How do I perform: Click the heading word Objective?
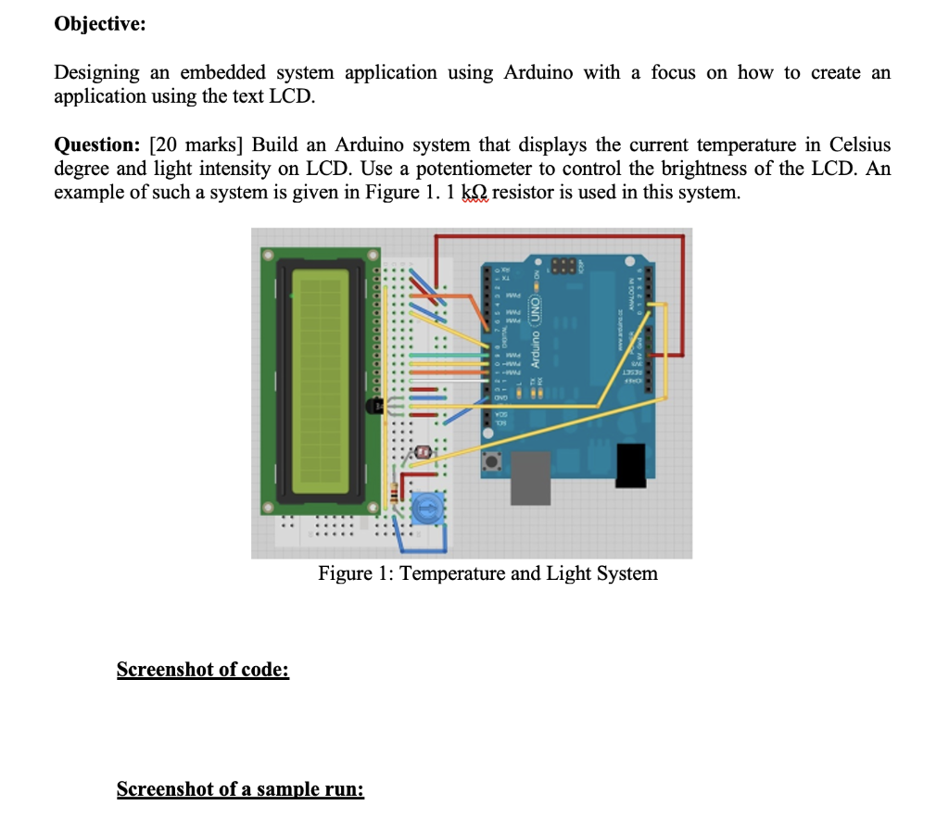99,25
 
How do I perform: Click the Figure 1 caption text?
487,573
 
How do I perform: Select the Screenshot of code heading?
203,669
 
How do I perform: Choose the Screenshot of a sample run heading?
240,789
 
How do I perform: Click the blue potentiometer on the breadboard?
425,507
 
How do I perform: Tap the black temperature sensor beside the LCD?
375,406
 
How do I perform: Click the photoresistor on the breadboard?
424,452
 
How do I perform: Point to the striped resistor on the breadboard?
399,490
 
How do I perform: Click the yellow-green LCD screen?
321,381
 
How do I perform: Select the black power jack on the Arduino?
632,465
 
